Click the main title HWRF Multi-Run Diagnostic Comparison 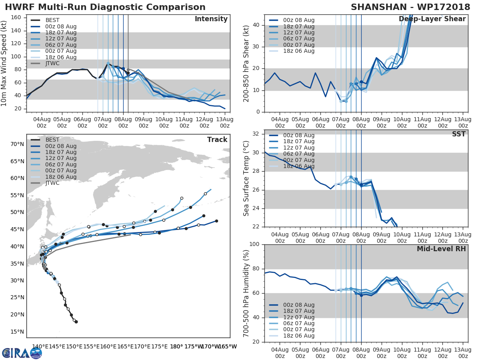(105, 7)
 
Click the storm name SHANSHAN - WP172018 (408, 7)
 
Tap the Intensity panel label (211, 19)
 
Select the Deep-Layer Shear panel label (432, 19)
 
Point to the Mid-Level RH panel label (441, 249)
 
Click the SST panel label (458, 134)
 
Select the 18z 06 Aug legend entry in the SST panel (298, 166)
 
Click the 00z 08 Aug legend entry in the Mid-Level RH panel (298, 305)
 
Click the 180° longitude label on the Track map (176, 346)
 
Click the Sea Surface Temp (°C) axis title (246, 178)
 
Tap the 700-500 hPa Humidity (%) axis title (246, 293)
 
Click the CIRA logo (22, 353)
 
